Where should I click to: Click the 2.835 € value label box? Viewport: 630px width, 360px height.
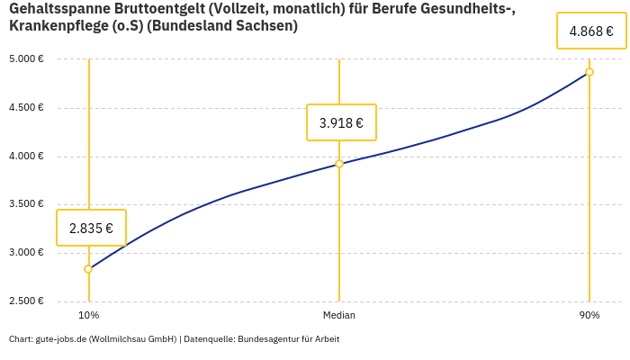pos(91,228)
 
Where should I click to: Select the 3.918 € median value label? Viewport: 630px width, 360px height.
pos(341,122)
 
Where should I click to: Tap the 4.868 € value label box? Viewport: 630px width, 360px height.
pos(591,31)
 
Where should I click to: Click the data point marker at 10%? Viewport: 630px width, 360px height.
pos(88,269)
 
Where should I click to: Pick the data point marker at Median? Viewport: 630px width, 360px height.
pos(339,164)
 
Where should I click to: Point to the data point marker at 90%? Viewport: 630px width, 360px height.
pos(589,72)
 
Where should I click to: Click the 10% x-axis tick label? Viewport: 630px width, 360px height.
pos(88,315)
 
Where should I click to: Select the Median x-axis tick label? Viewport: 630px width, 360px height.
pos(339,315)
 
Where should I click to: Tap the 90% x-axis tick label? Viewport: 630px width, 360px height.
pos(589,315)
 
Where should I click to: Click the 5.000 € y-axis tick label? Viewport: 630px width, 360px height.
pos(26,59)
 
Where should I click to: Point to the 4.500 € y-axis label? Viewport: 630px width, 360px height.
pos(26,108)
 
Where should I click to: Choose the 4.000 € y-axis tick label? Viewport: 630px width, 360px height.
pos(26,157)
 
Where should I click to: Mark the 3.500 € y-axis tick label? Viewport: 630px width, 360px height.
pos(26,204)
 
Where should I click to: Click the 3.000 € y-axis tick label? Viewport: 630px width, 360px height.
pos(26,253)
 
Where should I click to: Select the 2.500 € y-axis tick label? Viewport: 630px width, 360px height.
pos(26,301)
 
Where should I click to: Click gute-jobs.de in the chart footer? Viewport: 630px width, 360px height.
pos(62,339)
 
